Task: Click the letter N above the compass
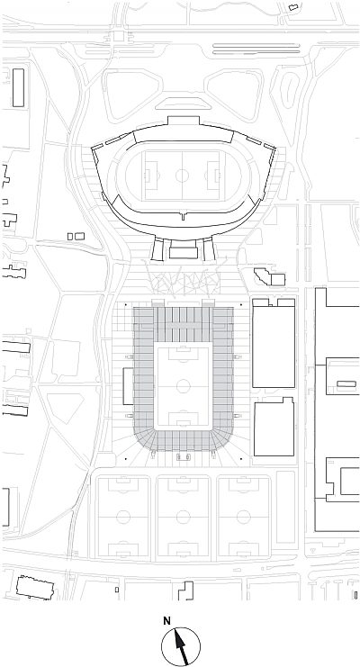click(166, 621)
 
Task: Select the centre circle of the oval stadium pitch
click(182, 176)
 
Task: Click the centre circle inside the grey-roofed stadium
click(184, 386)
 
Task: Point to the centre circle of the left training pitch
click(123, 517)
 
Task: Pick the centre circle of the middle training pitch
click(184, 517)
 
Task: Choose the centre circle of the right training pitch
click(243, 517)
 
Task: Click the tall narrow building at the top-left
click(18, 87)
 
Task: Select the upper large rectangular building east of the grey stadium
click(274, 343)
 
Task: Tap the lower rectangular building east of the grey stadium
click(274, 427)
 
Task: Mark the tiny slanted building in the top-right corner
click(293, 7)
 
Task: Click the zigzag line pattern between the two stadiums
click(183, 278)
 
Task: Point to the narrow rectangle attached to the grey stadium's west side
click(128, 386)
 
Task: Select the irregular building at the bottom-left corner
click(35, 588)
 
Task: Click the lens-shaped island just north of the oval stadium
click(183, 104)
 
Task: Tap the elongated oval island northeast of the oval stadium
click(290, 90)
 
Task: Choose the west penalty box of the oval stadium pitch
click(151, 176)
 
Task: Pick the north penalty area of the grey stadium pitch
click(184, 355)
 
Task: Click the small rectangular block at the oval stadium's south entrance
click(184, 253)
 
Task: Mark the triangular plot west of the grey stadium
click(65, 408)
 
